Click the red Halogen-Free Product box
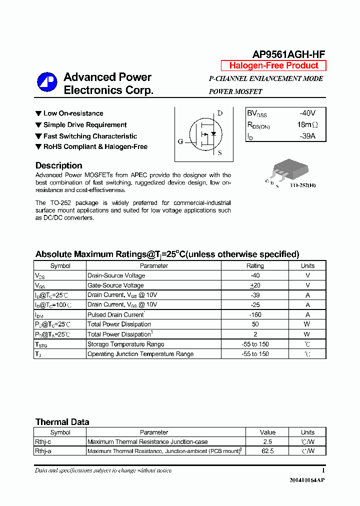273,65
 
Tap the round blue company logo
47,83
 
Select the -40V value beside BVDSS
307,113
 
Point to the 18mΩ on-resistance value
307,125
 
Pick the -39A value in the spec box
307,136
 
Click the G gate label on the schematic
180,141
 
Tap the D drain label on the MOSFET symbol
219,113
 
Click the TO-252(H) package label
303,185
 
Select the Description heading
59,165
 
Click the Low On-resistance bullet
73,113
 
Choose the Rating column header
255,266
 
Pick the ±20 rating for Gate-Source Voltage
255,285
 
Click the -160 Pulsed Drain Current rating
255,314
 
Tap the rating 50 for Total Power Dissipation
255,324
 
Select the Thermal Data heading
62,422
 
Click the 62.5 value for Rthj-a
267,451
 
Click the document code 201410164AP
307,480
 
